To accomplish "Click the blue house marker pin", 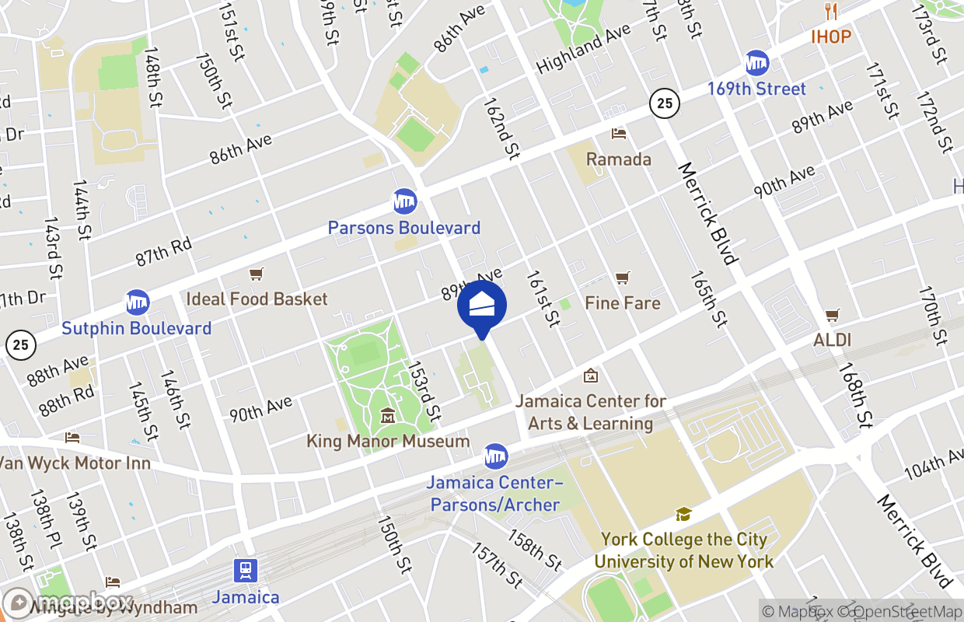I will coord(482,308).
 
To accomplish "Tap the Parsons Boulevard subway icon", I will coord(404,201).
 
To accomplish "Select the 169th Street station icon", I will coord(756,62).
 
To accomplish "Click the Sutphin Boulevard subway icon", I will coord(137,302).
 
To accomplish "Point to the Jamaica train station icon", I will coord(246,571).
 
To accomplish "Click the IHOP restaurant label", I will coord(831,37).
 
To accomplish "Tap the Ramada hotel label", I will coord(619,159).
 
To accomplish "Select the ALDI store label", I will coord(832,340).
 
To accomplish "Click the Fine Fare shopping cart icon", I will coord(622,278).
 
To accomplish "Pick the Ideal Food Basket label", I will coord(257,299).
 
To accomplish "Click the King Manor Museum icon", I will coord(387,416).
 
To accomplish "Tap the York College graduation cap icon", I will coord(683,514).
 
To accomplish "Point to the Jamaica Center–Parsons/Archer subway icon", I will coord(495,456).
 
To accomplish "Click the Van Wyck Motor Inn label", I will coord(74,463).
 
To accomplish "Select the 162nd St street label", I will coord(501,128).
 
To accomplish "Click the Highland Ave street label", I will coord(583,49).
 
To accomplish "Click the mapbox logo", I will coord(70,602).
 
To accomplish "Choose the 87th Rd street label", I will coord(163,251).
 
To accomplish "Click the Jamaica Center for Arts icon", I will coord(591,376).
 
